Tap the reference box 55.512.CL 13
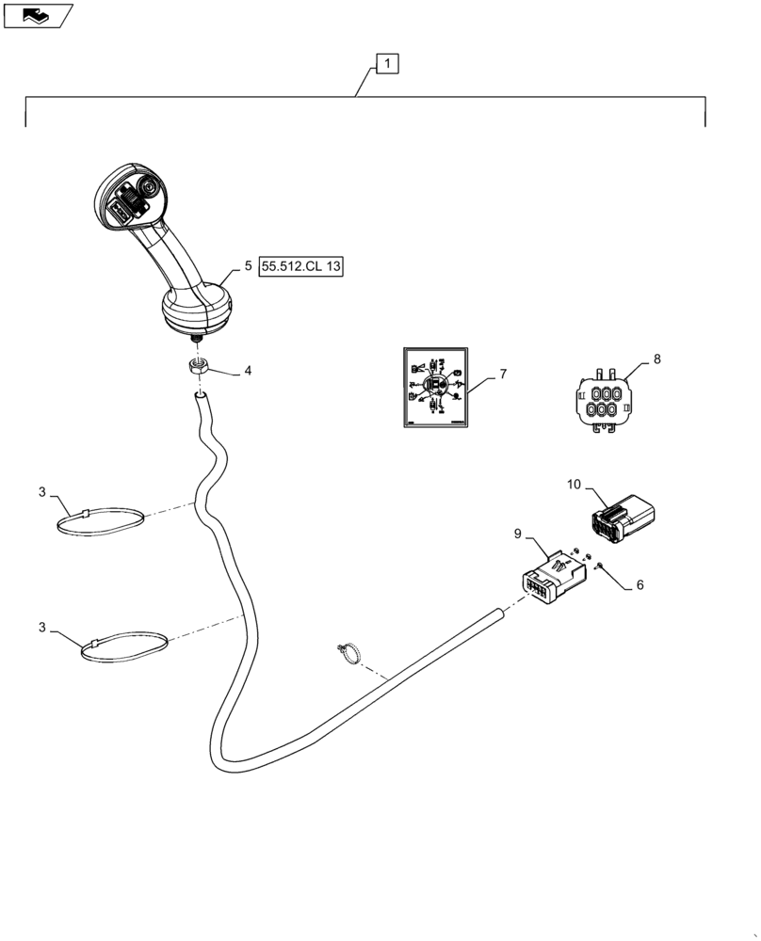[x=302, y=267]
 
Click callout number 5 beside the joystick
[x=248, y=266]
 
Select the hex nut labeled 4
[x=199, y=366]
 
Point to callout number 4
[x=248, y=371]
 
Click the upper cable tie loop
[x=103, y=522]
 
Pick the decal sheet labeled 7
[x=434, y=387]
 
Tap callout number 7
[x=503, y=374]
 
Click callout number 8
[x=656, y=359]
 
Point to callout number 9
[x=518, y=534]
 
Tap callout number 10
[x=575, y=485]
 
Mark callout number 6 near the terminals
[x=640, y=584]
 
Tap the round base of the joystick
[x=196, y=311]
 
